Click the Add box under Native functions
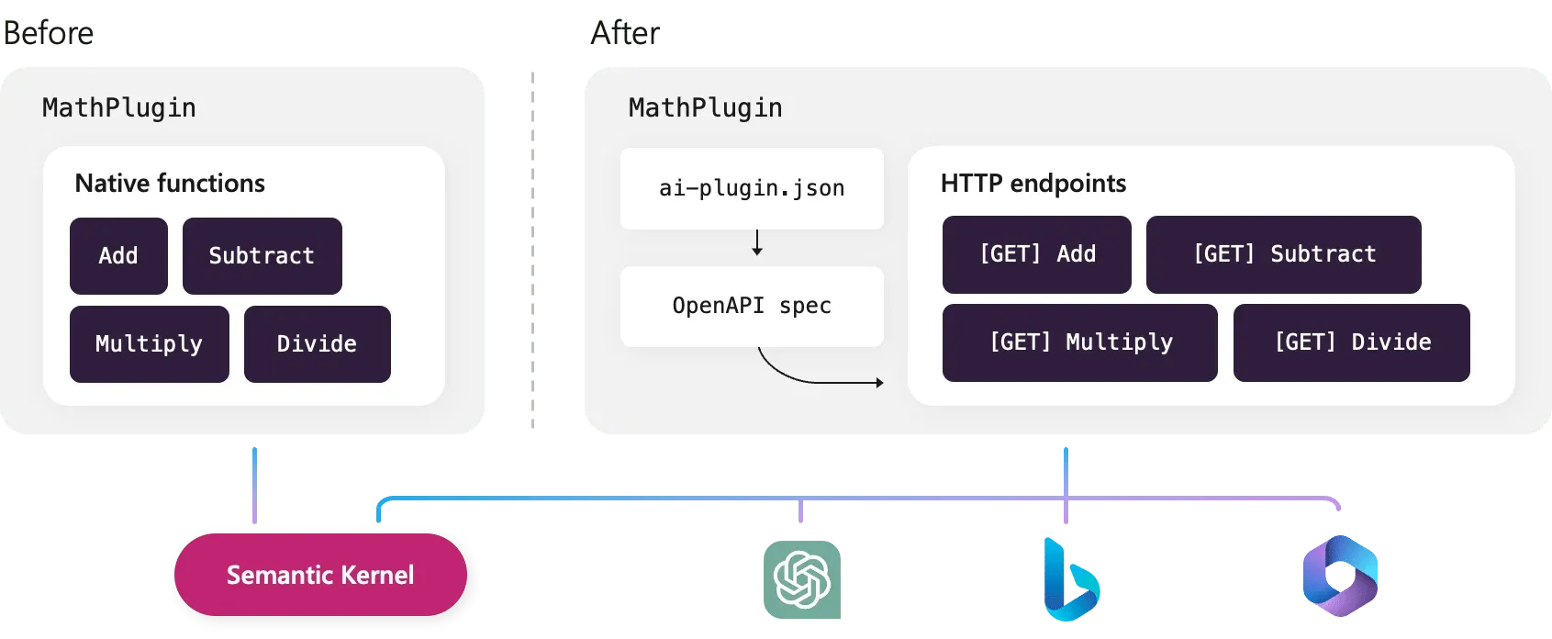[x=118, y=255]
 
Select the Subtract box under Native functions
[x=262, y=255]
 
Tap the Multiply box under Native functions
[x=149, y=343]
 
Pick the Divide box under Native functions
[x=317, y=343]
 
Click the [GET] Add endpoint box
[x=1036, y=254]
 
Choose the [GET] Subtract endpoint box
[x=1283, y=254]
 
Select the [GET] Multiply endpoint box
[x=1079, y=342]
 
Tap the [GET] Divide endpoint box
[x=1351, y=342]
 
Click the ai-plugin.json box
[x=752, y=188]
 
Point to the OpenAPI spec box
[x=752, y=306]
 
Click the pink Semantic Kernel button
[x=320, y=575]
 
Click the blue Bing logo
[x=1069, y=580]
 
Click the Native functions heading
[x=170, y=184]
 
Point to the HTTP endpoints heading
[x=1033, y=184]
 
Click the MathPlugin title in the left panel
[x=119, y=108]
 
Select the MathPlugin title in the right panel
[x=705, y=108]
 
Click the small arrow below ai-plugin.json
[x=757, y=243]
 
